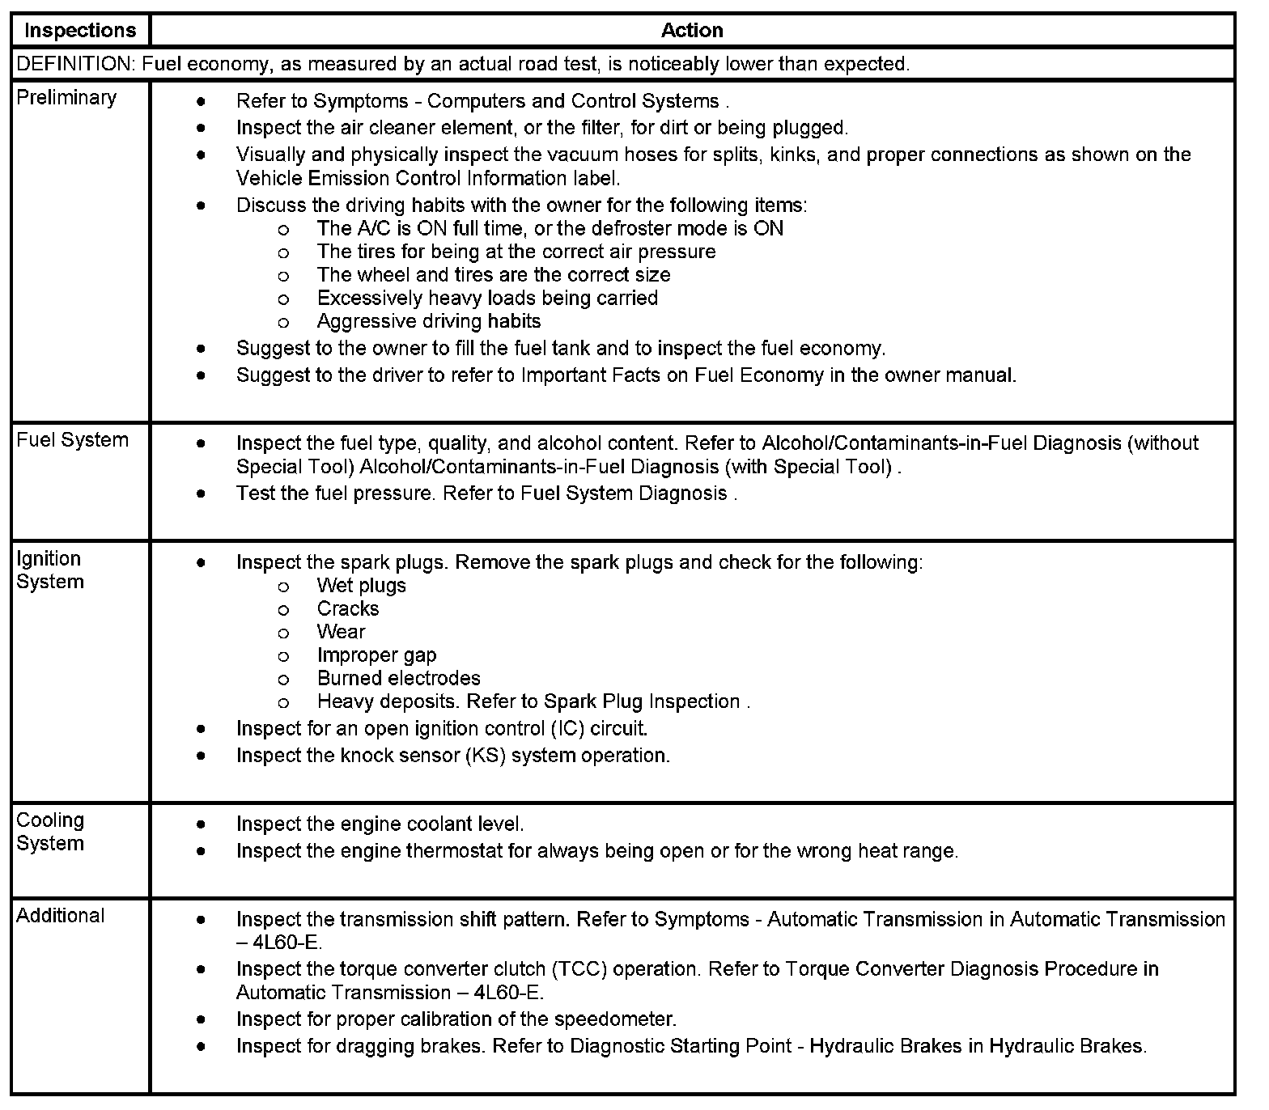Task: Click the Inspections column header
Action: coord(80,31)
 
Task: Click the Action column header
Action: coord(692,31)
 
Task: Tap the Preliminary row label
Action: coord(66,98)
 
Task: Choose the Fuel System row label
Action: coord(73,440)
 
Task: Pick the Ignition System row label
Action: coord(49,570)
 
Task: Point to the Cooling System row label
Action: coord(50,832)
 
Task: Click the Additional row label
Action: coord(61,916)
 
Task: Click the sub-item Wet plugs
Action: coord(362,586)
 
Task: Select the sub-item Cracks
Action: coord(348,609)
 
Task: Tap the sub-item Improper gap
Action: coord(377,655)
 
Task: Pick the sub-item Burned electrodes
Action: coord(399,679)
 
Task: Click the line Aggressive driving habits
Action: coord(429,322)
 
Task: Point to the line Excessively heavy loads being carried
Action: coord(487,299)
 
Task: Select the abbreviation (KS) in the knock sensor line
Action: coord(486,756)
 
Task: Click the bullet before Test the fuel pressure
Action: coord(201,494)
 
